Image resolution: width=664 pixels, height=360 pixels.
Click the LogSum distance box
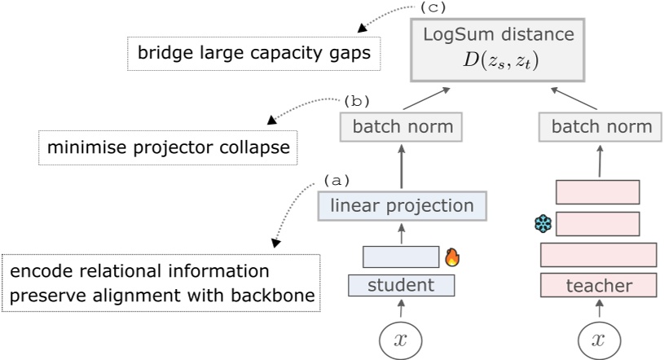497,48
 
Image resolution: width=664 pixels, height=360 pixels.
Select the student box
401,285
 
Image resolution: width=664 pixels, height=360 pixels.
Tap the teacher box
599,285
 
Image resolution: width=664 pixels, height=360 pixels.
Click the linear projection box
402,206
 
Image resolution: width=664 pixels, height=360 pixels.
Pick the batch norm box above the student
401,127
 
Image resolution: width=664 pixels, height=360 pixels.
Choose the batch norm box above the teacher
601,127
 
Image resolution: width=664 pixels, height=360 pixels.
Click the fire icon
452,258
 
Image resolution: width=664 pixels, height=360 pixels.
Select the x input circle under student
400,340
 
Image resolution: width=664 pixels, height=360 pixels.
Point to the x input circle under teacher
600,340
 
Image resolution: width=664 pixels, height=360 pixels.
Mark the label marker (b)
356,101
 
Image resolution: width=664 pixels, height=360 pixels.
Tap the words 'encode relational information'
139,270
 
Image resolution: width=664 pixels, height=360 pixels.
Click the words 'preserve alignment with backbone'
162,296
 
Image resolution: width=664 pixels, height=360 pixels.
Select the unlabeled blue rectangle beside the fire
401,257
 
